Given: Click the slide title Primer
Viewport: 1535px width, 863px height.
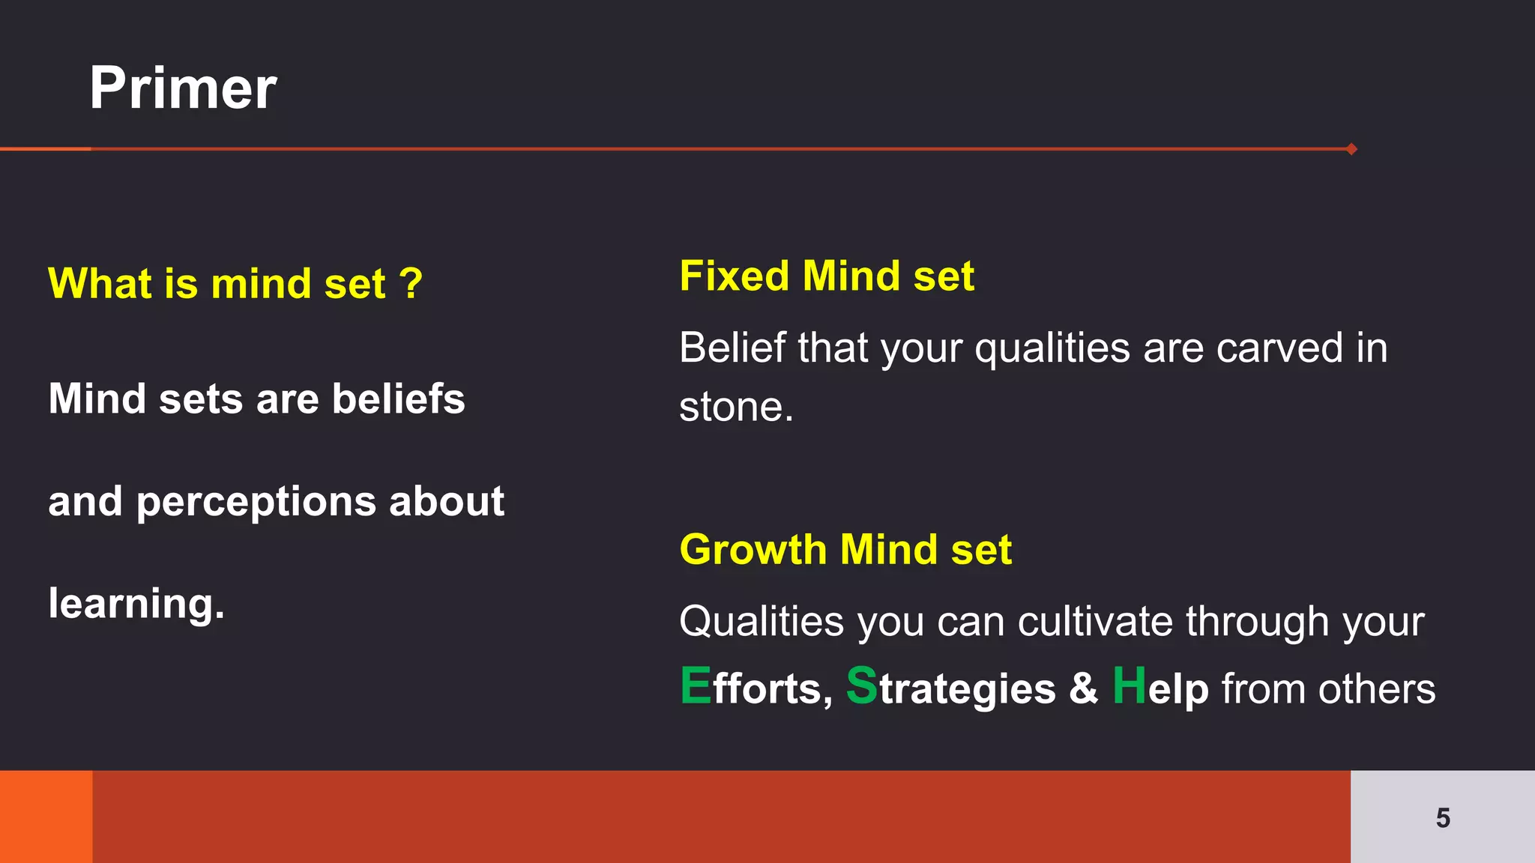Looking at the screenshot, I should pyautogui.click(x=183, y=88).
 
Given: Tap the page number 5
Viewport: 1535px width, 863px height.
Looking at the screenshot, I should pyautogui.click(x=1443, y=818).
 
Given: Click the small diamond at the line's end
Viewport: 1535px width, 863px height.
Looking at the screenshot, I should pyautogui.click(x=1351, y=149).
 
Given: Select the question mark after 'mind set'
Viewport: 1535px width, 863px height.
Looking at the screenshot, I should pyautogui.click(x=411, y=284).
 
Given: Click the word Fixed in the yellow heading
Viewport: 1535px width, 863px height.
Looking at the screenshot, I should pyautogui.click(x=735, y=276).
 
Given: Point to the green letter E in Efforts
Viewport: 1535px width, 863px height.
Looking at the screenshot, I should pyautogui.click(x=696, y=686).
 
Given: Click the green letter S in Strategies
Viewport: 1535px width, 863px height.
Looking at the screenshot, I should pyautogui.click(x=861, y=686).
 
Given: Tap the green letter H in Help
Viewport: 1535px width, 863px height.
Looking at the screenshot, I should pyautogui.click(x=1129, y=686).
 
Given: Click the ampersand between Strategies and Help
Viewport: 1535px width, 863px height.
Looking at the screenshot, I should pyautogui.click(x=1083, y=688).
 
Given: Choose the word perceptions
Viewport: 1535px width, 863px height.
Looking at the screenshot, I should pyautogui.click(x=256, y=502).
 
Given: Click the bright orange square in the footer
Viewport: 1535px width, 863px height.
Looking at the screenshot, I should pyautogui.click(x=46, y=817).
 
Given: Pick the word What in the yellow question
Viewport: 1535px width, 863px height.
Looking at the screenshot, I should pyautogui.click(x=100, y=284).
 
